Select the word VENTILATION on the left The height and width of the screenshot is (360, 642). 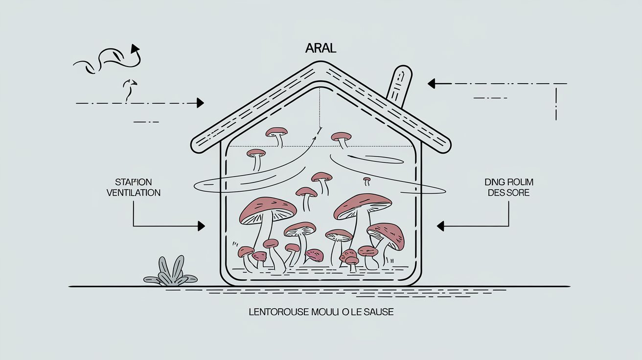pyautogui.click(x=134, y=193)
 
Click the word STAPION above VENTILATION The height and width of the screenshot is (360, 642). pyautogui.click(x=134, y=182)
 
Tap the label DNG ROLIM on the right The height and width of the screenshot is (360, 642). pyautogui.click(x=509, y=182)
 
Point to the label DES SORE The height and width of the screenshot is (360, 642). pyautogui.click(x=509, y=193)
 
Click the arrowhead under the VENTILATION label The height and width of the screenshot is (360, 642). pyautogui.click(x=201, y=226)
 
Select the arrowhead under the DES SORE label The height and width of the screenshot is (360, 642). pyautogui.click(x=440, y=226)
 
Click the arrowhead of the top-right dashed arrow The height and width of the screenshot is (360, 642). pyautogui.click(x=432, y=84)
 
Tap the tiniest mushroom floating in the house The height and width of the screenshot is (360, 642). pyautogui.click(x=367, y=180)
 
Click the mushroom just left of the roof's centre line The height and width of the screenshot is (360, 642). pyautogui.click(x=276, y=131)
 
